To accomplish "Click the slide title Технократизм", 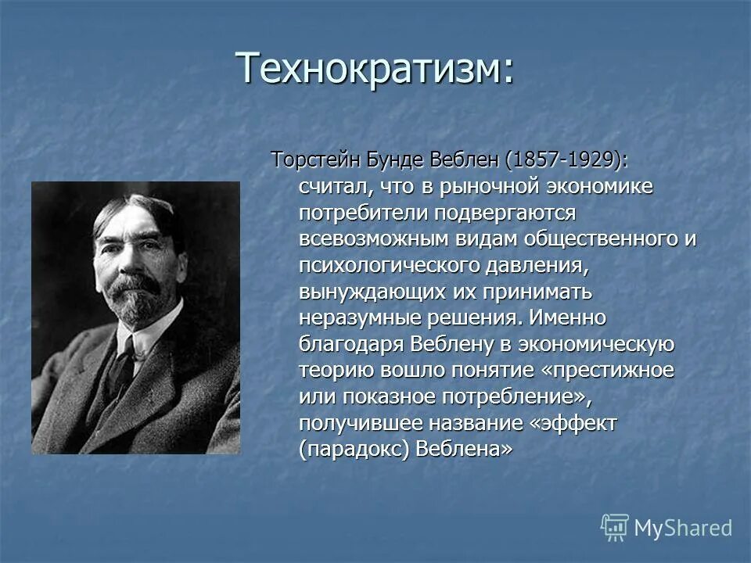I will click(x=376, y=68).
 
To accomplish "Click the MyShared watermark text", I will click(x=682, y=528).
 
